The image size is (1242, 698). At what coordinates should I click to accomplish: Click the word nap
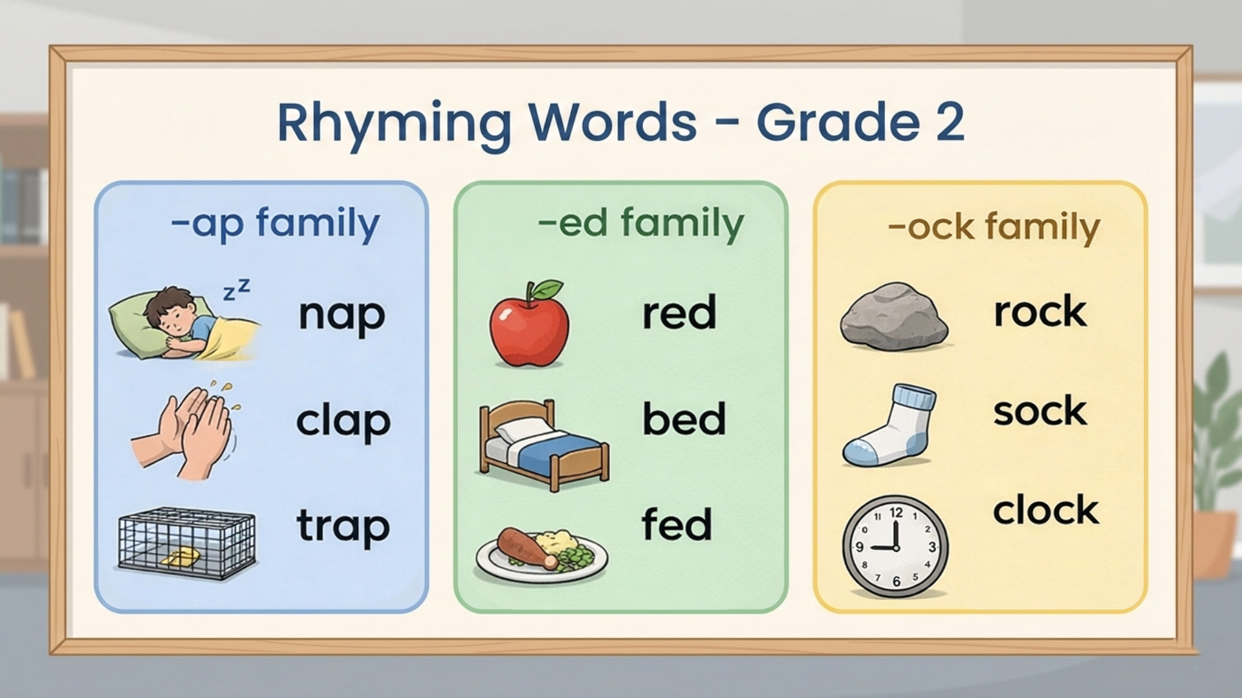click(342, 316)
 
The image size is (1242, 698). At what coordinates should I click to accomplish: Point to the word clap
click(343, 421)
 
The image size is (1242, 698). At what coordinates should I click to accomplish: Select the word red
click(679, 312)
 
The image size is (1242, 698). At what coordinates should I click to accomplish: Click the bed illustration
click(544, 445)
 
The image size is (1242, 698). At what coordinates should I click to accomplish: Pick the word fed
click(677, 523)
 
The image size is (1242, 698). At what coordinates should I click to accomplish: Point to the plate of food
click(542, 555)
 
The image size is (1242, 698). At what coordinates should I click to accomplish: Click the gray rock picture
click(895, 316)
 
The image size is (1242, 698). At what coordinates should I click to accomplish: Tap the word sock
click(1040, 411)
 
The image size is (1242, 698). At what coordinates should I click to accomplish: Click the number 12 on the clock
click(896, 513)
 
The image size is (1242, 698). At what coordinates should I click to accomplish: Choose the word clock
click(1046, 510)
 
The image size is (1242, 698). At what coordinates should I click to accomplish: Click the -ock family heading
click(994, 227)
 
